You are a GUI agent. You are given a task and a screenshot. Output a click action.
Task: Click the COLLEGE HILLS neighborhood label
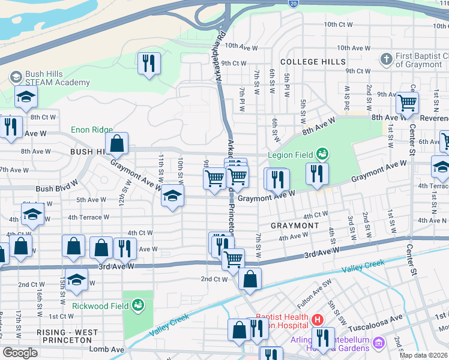[313, 62]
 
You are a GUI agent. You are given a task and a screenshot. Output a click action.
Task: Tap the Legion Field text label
[295, 155]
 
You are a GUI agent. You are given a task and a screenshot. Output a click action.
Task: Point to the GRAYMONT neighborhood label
[295, 226]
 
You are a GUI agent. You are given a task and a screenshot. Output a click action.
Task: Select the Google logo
[20, 353]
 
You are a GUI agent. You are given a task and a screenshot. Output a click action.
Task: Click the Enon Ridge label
[92, 129]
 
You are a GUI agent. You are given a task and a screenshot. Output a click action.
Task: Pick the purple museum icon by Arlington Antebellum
[378, 343]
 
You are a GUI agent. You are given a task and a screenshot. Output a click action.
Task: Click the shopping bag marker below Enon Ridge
[117, 144]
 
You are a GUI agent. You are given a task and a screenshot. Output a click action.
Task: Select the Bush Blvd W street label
[56, 188]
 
